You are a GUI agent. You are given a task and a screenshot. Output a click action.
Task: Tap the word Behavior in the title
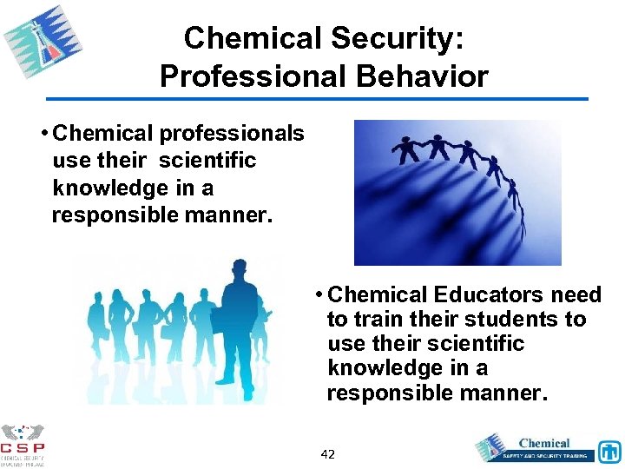click(425, 76)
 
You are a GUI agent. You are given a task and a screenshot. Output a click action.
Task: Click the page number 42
click(328, 454)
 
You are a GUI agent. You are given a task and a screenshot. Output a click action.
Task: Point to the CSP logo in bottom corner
click(22, 443)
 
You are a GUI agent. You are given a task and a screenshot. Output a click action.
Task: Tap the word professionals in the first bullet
click(230, 133)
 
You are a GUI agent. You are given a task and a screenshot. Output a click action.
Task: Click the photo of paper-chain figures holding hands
click(457, 192)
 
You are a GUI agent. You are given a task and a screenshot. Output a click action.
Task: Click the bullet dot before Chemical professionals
click(43, 134)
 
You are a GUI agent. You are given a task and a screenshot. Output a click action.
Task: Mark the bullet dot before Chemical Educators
click(319, 295)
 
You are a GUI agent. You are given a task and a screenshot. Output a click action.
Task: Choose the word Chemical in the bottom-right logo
click(544, 443)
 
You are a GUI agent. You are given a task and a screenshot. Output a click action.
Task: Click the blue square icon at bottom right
click(609, 452)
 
